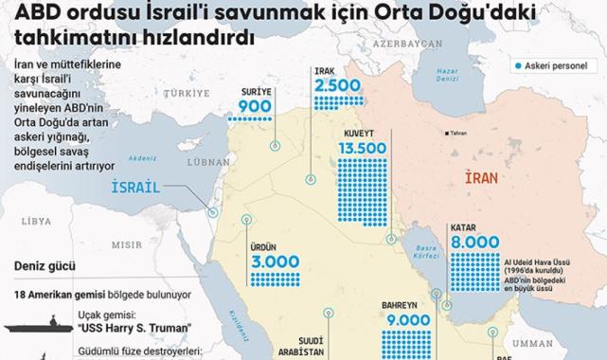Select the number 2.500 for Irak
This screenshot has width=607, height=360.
pos(337,85)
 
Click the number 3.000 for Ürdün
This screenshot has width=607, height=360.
pos(276,261)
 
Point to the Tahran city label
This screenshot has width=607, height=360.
pos(460,132)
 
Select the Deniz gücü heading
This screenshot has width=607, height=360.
pos(46,268)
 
